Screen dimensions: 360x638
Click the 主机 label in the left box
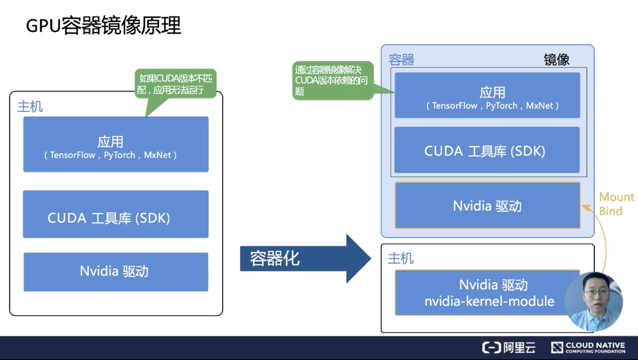[x=30, y=106]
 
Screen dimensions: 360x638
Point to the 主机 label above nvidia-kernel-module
[x=400, y=258]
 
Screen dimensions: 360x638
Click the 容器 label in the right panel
[x=401, y=60]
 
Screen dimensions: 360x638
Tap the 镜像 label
[x=557, y=60]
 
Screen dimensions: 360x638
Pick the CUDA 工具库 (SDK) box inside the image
[x=487, y=150]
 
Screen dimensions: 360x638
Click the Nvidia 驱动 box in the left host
[x=116, y=272]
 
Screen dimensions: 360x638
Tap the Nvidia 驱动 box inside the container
[x=487, y=206]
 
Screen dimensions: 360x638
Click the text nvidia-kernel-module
[x=489, y=301]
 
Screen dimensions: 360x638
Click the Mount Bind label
[x=616, y=204]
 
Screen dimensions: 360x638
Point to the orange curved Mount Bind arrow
[x=602, y=237]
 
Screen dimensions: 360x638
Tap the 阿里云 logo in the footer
[x=509, y=348]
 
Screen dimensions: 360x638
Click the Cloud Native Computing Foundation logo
[x=588, y=348]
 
